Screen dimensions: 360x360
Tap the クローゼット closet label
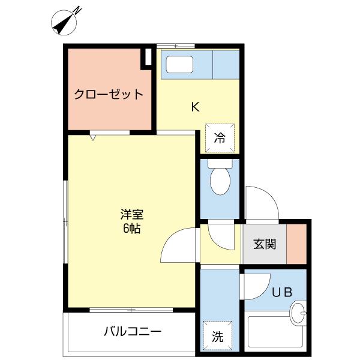coord(109,94)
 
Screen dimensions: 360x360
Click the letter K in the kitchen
coord(195,107)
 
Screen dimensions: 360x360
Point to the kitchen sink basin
coord(179,65)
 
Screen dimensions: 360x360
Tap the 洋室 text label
coord(131,214)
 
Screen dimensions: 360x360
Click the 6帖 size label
coord(131,229)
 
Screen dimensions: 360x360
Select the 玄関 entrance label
coord(264,244)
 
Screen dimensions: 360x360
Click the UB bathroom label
coord(282,293)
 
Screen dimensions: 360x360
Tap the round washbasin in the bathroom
coord(298,313)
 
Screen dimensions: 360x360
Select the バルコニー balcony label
coord(132,331)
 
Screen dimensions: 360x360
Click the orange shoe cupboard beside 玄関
coord(295,243)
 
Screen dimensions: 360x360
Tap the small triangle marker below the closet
coord(92,137)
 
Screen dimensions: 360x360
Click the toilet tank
coord(220,163)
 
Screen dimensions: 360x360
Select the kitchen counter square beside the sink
coord(226,65)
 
